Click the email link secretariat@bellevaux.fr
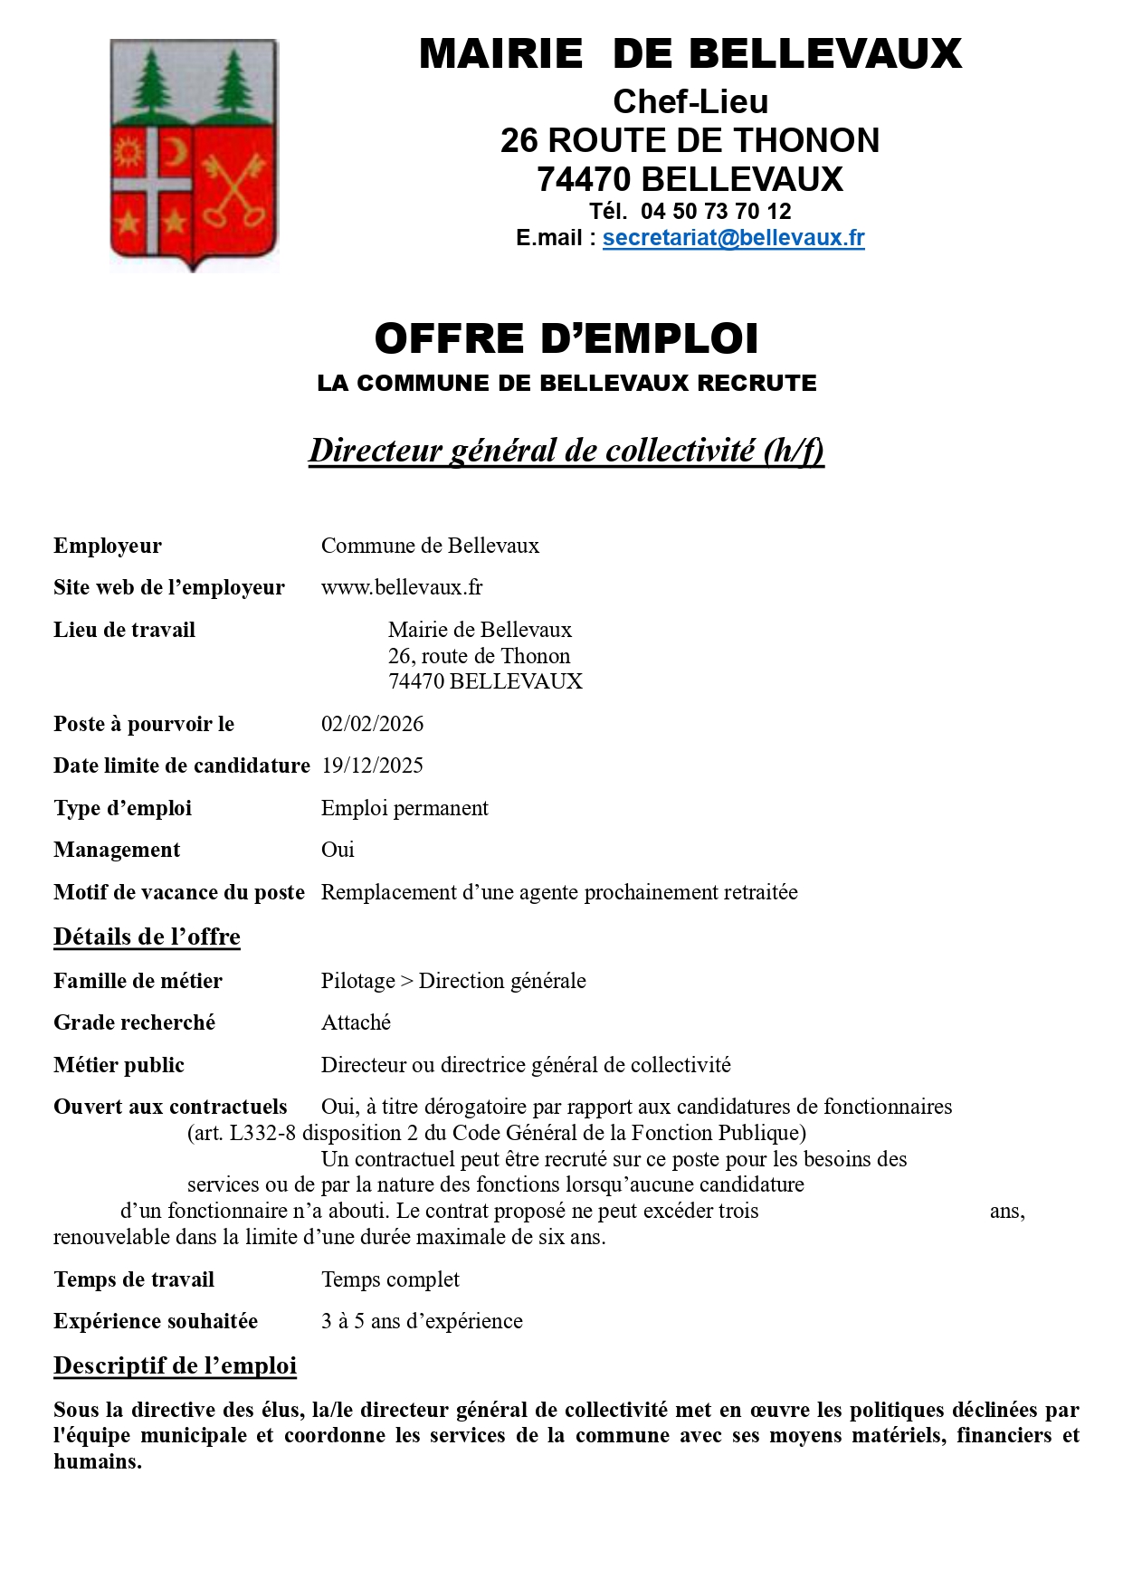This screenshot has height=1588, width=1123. coord(733,238)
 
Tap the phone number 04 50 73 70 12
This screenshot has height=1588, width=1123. coord(716,212)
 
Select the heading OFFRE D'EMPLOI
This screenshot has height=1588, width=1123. coord(566,338)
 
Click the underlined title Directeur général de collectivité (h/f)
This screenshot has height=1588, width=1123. coord(566,450)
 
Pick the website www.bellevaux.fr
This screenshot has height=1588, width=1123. coord(402,587)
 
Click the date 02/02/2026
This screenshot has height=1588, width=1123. coord(372,724)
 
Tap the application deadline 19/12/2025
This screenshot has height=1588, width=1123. coord(372,765)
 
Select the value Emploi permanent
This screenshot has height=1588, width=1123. coord(404,808)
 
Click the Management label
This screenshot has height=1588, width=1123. coord(117,850)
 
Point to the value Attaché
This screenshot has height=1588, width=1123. coord(356,1022)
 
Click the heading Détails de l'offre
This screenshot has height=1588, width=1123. coord(147,937)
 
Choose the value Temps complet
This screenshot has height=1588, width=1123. coord(390,1279)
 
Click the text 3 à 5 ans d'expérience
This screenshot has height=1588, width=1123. coord(422,1321)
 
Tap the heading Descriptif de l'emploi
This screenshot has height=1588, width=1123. coord(175,1365)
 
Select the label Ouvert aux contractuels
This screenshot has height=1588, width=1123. coord(170,1107)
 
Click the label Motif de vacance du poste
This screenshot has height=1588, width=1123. coord(179,892)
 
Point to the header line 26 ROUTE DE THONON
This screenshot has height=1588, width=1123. coord(690,140)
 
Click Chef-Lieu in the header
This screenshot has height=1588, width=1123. coord(690,101)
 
